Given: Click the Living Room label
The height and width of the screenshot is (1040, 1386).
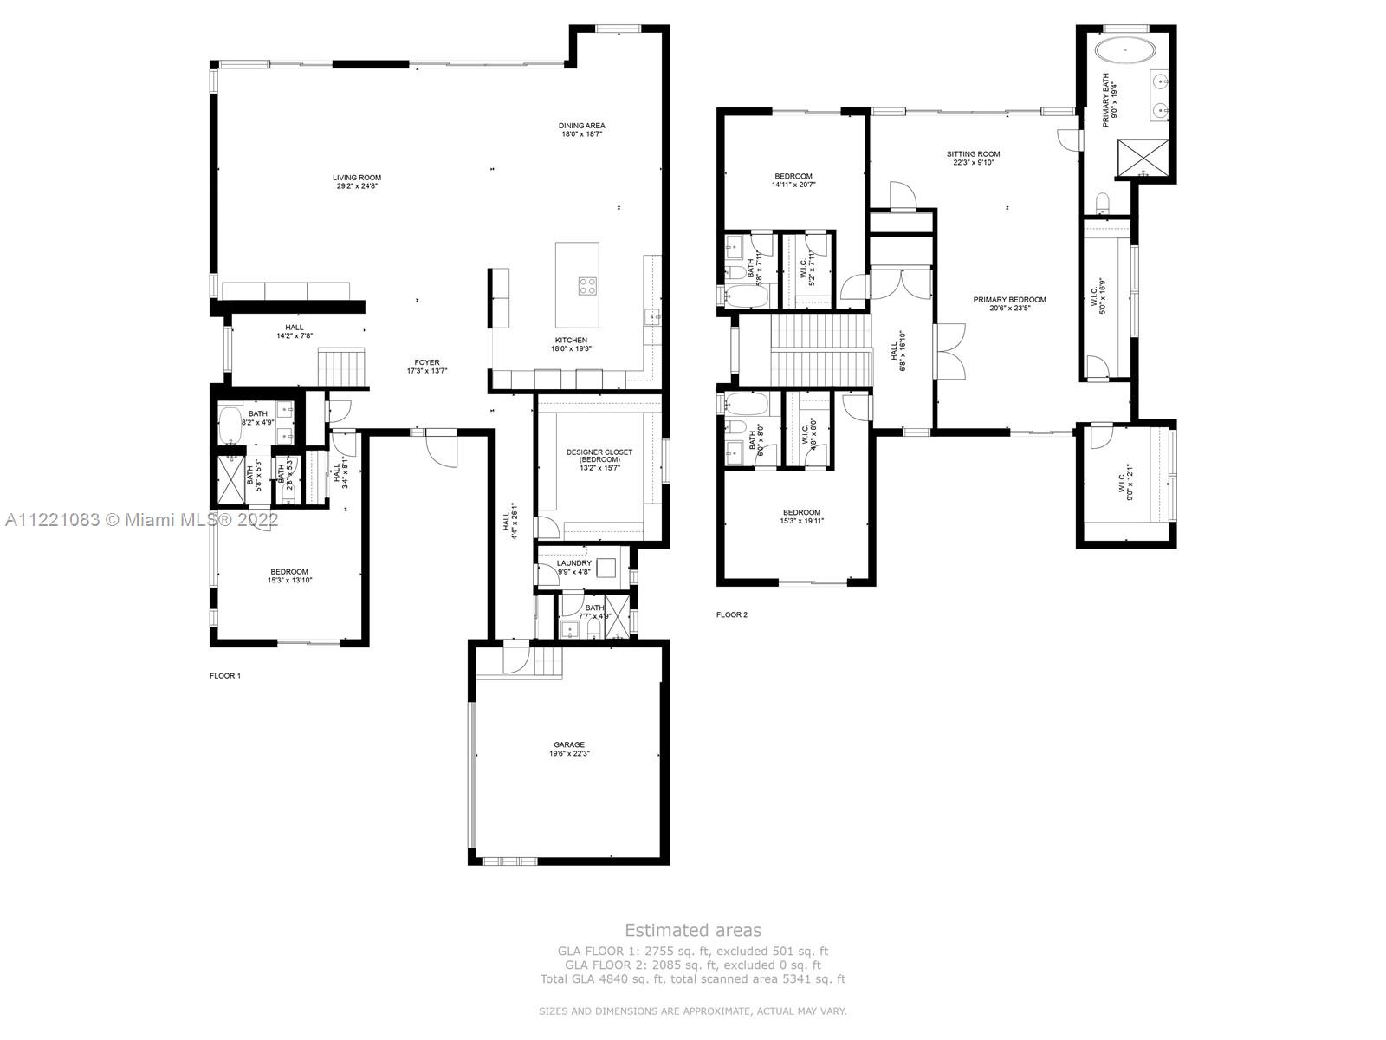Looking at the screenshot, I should (x=356, y=181).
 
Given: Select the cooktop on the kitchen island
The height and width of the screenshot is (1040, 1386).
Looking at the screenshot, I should (x=588, y=285).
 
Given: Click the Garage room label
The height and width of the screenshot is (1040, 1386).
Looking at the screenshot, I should (x=569, y=749).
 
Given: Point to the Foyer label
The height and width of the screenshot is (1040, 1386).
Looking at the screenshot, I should (x=426, y=367).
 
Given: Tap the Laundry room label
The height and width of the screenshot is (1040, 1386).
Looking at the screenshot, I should (x=573, y=567).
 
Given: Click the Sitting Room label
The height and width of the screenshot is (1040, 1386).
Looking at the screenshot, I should (x=973, y=158).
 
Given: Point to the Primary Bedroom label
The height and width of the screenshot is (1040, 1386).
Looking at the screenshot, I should (x=1009, y=303).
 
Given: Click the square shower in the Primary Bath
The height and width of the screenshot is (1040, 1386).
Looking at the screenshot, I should (x=1142, y=157).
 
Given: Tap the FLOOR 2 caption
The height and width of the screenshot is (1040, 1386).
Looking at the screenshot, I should (x=731, y=615).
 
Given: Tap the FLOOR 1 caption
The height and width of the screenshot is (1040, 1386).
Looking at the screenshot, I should (x=225, y=676).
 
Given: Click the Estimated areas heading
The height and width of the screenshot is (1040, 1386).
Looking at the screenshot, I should (x=693, y=930).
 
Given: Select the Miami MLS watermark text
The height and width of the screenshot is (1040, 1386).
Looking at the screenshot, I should (x=141, y=520).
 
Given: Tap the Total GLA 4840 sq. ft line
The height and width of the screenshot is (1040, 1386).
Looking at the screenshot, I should (x=692, y=979).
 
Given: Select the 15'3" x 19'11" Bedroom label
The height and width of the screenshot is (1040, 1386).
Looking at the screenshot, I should (x=801, y=517).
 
